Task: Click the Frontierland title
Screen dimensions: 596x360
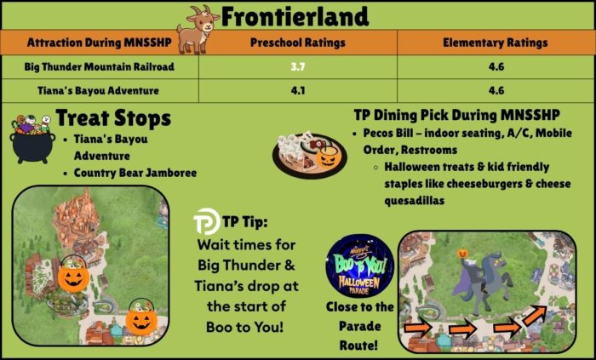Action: coord(295,16)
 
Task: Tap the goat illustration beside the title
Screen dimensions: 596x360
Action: coord(198,30)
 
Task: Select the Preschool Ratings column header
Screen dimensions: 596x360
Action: coord(298,43)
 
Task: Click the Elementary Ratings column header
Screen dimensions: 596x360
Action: coord(496,43)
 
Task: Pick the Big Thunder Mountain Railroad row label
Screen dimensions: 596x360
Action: coord(100,67)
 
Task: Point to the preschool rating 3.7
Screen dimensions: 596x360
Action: coord(298,67)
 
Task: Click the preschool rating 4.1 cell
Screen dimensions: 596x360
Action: coord(298,91)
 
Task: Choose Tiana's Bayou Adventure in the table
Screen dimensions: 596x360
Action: coord(98,91)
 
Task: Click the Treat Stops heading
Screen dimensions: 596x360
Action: coord(113,118)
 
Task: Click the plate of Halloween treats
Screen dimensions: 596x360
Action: coord(309,155)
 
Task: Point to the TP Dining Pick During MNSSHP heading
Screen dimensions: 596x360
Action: coord(456,115)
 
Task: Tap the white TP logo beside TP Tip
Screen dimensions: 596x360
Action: coord(206,221)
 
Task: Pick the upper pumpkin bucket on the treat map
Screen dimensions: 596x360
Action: coord(74,274)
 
